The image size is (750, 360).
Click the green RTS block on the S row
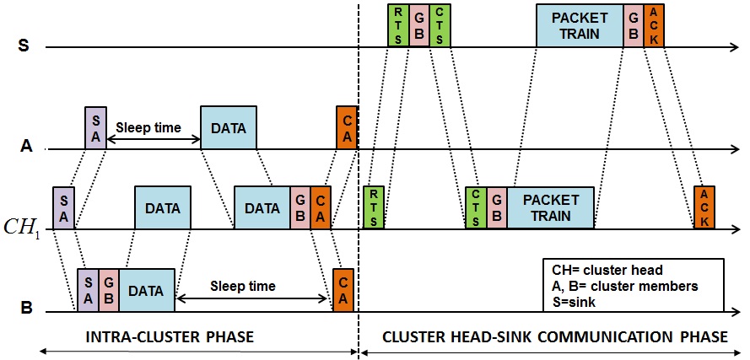398,25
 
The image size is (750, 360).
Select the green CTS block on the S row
440,25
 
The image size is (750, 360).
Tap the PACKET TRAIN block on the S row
580,25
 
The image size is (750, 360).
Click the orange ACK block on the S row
654,25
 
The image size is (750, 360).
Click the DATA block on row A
229,128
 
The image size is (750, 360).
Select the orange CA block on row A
347,128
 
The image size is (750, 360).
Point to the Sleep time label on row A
149,128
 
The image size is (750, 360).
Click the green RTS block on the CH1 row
373,207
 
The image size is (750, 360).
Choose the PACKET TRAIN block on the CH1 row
551,207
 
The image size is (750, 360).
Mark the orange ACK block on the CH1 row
704,207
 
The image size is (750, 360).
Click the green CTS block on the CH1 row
476,207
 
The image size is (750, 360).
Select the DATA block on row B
147,290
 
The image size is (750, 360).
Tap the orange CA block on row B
343,290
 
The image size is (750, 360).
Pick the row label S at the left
24,46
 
